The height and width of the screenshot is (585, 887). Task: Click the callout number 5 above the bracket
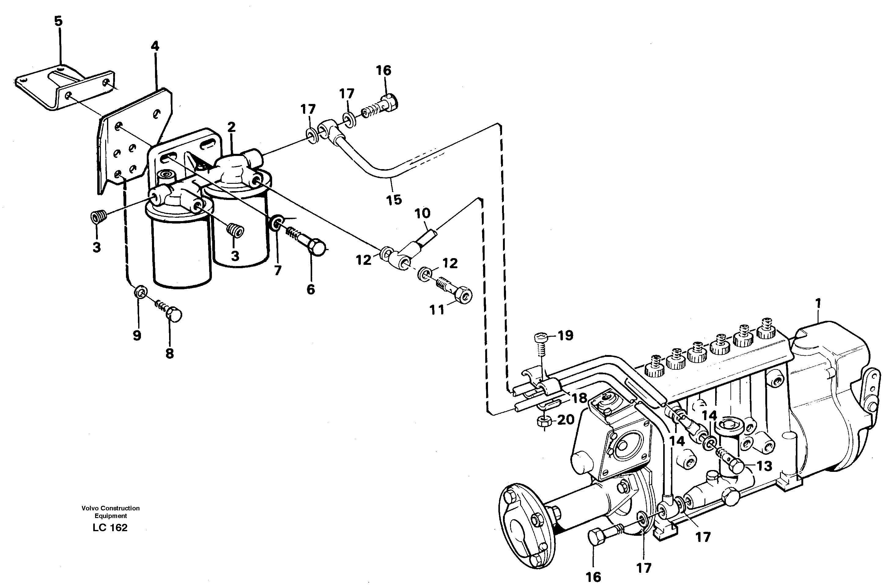[x=59, y=21]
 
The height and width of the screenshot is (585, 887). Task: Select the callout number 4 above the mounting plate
[x=155, y=46]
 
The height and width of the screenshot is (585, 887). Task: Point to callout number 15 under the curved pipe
[x=394, y=200]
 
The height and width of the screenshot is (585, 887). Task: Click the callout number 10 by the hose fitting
[x=422, y=214]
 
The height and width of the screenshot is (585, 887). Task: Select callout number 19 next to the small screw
[x=565, y=335]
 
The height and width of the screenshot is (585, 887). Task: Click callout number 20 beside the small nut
[x=565, y=420]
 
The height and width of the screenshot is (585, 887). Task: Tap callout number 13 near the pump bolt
[x=764, y=466]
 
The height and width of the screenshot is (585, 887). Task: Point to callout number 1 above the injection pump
[x=818, y=303]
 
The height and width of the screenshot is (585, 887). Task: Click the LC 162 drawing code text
[x=110, y=528]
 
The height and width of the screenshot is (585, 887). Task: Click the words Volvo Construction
[x=110, y=508]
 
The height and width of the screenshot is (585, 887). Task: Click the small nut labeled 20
[x=542, y=422]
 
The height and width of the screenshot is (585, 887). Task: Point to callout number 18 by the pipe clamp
[x=579, y=398]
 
